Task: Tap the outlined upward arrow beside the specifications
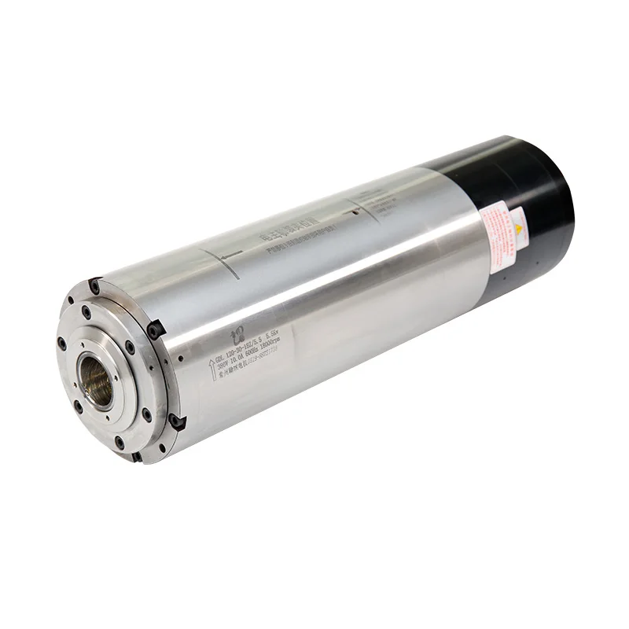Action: tap(212, 370)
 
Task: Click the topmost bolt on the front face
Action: tap(86, 312)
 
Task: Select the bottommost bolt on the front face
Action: tap(120, 443)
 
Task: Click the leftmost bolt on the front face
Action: tap(62, 343)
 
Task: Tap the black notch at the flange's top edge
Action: tap(94, 285)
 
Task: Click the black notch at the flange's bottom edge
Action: tap(137, 457)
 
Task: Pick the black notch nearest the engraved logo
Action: tap(156, 329)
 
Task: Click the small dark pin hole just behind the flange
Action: tap(181, 359)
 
